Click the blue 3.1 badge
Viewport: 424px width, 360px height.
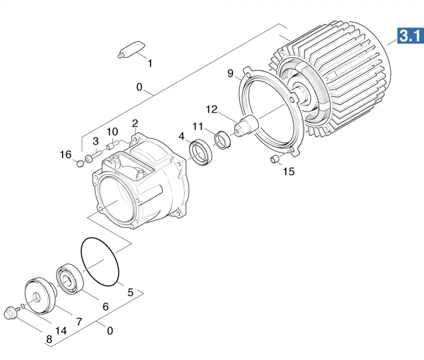point(410,35)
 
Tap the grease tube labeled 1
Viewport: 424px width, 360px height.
point(131,49)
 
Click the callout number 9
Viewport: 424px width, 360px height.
point(231,73)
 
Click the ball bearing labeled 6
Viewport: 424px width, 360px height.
point(69,279)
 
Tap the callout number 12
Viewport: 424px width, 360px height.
point(211,110)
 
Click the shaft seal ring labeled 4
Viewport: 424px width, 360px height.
point(201,152)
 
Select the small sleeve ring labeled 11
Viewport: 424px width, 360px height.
point(223,140)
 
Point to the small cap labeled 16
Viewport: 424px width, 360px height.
point(80,164)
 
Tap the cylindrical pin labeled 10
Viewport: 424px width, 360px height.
point(112,145)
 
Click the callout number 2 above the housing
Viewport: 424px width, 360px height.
point(135,123)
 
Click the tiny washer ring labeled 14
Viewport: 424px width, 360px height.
point(23,306)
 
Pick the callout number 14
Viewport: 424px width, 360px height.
point(61,330)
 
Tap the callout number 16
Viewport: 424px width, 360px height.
point(65,155)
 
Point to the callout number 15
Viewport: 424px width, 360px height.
point(288,172)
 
